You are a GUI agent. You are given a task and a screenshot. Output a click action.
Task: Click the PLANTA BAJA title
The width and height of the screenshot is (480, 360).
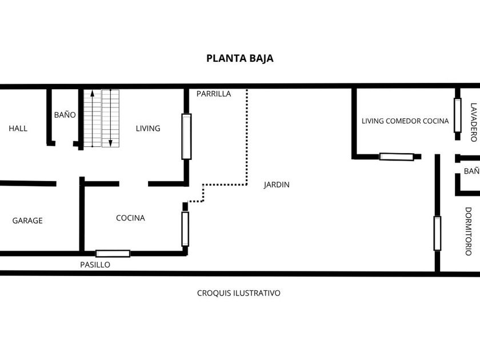pos(239,58)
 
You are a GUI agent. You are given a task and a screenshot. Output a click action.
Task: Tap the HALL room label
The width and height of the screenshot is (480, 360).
pos(18,128)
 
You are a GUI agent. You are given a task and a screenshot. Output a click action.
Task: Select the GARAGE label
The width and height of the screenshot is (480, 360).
pos(27,221)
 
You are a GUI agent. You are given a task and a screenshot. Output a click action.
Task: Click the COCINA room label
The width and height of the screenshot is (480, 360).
pos(130,218)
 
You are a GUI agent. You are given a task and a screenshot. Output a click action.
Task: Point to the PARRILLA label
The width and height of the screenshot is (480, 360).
pos(214,94)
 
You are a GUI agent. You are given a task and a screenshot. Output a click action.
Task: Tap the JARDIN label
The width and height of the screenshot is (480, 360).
pos(277,185)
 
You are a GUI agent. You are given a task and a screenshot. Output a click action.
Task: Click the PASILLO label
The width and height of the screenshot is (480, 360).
pos(95,265)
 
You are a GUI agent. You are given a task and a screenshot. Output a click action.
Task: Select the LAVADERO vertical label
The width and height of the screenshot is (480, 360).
pos(474,122)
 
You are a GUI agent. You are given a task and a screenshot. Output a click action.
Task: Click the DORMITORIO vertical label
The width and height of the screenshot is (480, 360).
pos(469,231)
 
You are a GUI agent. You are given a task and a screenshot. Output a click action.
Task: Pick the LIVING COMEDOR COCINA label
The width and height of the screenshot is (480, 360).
pos(405,121)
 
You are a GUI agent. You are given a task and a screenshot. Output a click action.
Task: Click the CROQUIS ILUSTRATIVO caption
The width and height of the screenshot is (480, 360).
pos(238,293)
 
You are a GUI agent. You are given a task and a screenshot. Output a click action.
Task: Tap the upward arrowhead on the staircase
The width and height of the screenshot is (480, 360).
pos(92,93)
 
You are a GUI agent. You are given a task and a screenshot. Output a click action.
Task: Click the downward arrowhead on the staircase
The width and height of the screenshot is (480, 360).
pos(110,143)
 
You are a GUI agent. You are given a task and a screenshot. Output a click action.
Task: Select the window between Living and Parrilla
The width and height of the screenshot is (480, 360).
pos(186,137)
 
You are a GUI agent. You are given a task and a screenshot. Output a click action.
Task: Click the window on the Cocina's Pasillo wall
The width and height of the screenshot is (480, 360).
pos(113,254)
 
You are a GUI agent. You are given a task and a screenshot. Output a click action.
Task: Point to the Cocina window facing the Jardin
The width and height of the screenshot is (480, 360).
pos(185,229)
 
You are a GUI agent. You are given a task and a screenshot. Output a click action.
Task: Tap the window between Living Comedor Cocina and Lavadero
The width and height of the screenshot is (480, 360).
pos(458,115)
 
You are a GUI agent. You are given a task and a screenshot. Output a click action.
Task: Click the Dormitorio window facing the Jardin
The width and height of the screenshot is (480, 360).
pos(438,233)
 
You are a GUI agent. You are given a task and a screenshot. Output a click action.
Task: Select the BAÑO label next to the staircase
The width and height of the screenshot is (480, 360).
pos(65,115)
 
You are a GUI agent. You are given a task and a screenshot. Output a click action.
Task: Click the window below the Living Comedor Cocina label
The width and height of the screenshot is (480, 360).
pos(397,157)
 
